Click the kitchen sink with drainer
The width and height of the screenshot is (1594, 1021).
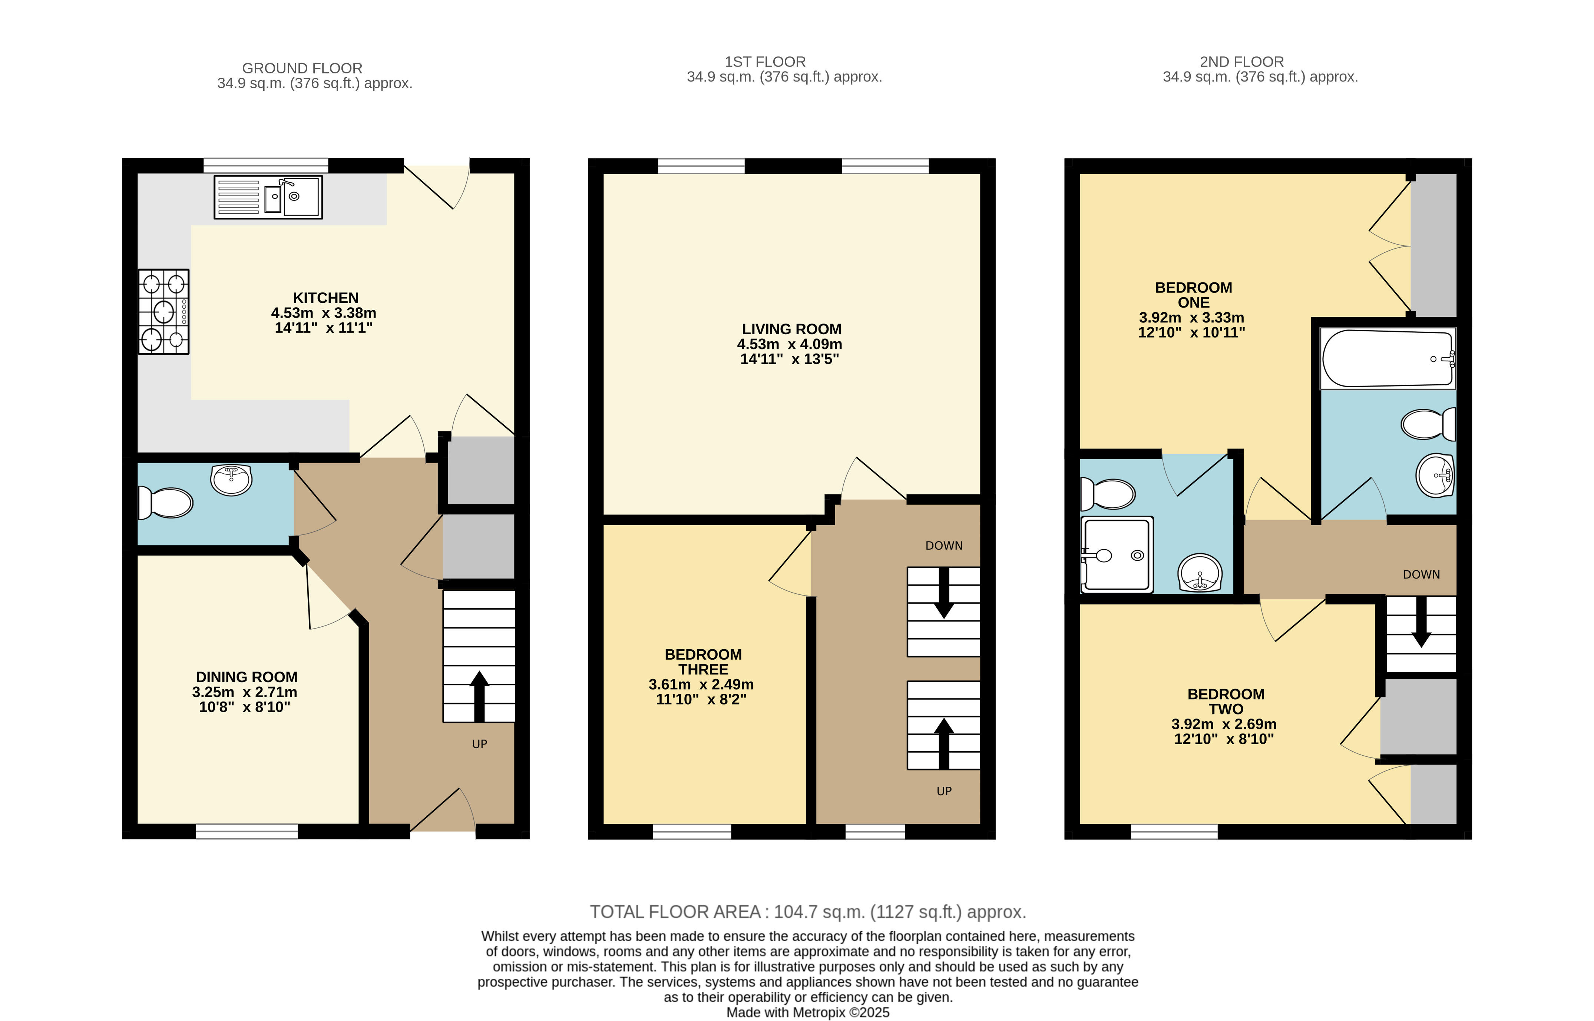(x=268, y=197)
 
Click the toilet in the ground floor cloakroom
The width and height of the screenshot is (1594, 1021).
(x=165, y=503)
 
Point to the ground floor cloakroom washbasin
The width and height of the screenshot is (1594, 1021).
(x=231, y=479)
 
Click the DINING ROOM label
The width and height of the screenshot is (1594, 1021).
(x=247, y=677)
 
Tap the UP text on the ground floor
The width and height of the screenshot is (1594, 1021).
(x=479, y=744)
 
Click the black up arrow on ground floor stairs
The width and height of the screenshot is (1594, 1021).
(x=479, y=696)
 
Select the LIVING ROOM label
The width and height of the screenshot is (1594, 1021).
(x=792, y=329)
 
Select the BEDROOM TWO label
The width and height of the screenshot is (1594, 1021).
(x=1226, y=702)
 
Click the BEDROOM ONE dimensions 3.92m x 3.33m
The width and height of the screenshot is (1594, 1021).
(x=1191, y=318)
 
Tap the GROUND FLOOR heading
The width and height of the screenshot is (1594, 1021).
(x=302, y=68)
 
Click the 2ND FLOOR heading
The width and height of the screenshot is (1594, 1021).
(x=1242, y=62)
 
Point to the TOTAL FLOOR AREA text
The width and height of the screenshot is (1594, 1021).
(x=808, y=912)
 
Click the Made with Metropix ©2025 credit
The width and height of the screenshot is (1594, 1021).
(x=808, y=1012)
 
